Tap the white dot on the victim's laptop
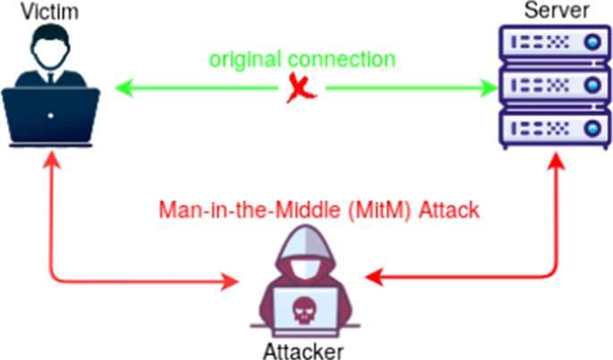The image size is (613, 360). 50,116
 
